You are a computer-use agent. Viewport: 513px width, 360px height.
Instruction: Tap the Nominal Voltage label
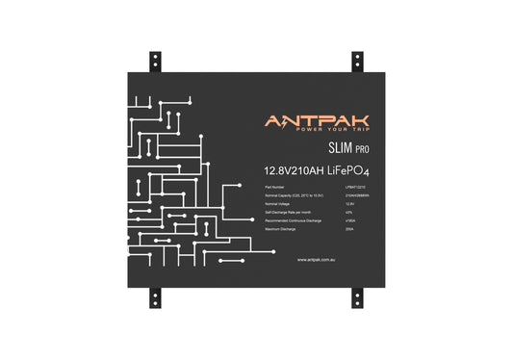(x=277, y=205)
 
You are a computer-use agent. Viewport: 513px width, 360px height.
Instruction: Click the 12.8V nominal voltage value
(x=349, y=205)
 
